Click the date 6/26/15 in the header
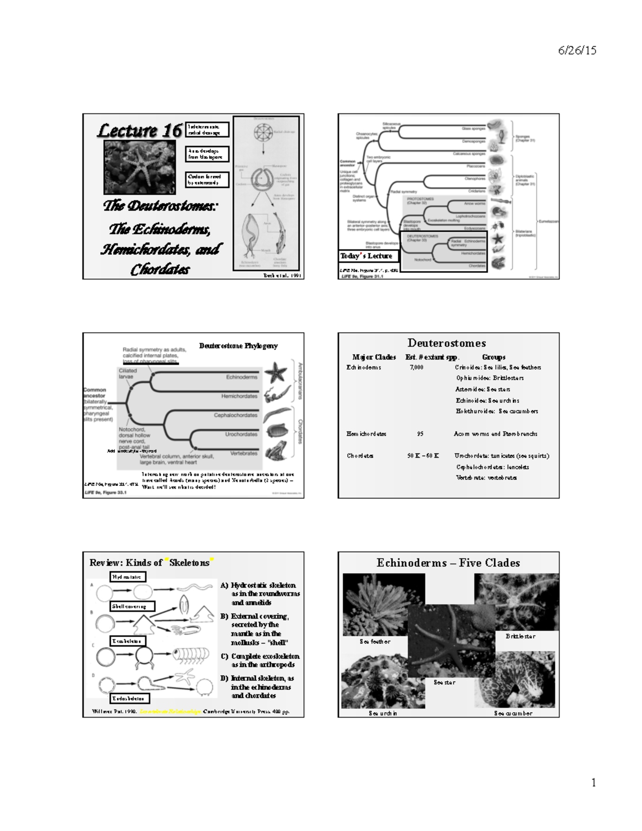(577, 51)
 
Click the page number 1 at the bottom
(593, 783)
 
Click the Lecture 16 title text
(139, 131)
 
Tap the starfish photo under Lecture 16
(140, 166)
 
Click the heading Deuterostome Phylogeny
(238, 346)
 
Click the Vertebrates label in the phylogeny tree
(243, 453)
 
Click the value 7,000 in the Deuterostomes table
(416, 368)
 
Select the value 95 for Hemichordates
(420, 434)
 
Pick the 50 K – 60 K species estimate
(423, 456)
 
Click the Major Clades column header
(374, 357)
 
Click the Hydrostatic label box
(128, 577)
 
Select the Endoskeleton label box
(131, 699)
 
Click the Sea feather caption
(374, 642)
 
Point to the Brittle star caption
(520, 636)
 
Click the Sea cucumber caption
(513, 713)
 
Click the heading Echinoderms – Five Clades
(448, 563)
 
